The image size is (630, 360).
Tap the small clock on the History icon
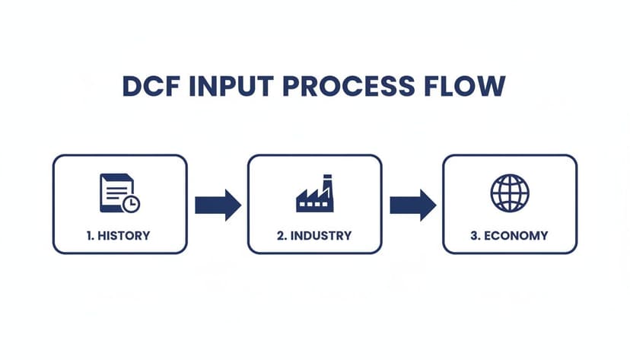click(131, 203)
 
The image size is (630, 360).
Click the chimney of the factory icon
click(327, 185)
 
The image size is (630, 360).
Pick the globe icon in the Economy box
click(509, 193)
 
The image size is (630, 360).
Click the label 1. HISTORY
click(119, 235)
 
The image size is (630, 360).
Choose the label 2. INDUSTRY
click(314, 235)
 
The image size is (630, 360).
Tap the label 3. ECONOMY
click(509, 235)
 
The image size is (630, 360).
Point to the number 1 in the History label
click(90, 235)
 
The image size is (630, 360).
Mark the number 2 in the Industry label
click(281, 235)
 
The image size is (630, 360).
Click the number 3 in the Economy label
click(474, 235)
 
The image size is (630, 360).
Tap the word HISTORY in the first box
click(125, 235)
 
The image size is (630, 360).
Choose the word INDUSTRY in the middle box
click(321, 235)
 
